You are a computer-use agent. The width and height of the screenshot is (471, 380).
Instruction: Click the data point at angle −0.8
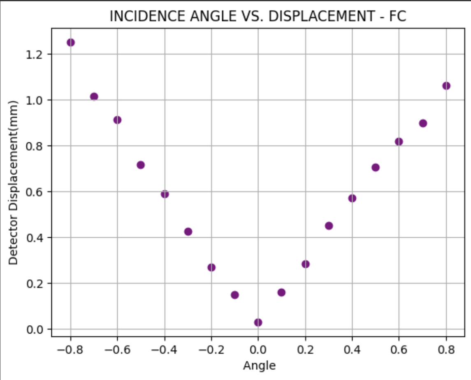[71, 42]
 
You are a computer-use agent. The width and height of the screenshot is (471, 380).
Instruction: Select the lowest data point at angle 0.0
[258, 322]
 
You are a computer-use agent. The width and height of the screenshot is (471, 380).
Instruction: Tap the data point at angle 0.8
[446, 86]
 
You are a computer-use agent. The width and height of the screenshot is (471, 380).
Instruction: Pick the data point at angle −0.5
[141, 165]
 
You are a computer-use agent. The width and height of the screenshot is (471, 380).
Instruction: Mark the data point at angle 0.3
[329, 226]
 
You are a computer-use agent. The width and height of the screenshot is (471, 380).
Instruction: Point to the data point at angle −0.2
[211, 267]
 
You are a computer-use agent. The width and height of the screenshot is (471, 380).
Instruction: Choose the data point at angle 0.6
[399, 141]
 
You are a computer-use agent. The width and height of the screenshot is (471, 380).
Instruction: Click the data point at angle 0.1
[281, 292]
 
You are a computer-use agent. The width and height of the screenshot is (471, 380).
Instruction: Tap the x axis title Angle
[259, 365]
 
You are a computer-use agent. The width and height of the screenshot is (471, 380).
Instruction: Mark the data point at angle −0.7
[94, 97]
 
